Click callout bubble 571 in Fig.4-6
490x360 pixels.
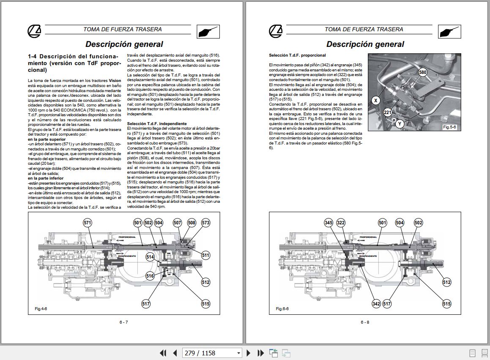point(88,223)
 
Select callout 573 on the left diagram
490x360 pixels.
point(205,223)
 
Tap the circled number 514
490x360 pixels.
point(150,256)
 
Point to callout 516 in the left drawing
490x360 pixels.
point(150,276)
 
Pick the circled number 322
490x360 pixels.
point(341,223)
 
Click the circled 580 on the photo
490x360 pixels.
point(422,72)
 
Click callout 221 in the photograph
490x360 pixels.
point(388,112)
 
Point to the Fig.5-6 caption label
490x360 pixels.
point(449,127)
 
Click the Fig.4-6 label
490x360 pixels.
point(41,309)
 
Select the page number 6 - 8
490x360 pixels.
point(365,322)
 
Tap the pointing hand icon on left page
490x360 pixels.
point(208,31)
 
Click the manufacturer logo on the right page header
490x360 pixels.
point(275,31)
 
